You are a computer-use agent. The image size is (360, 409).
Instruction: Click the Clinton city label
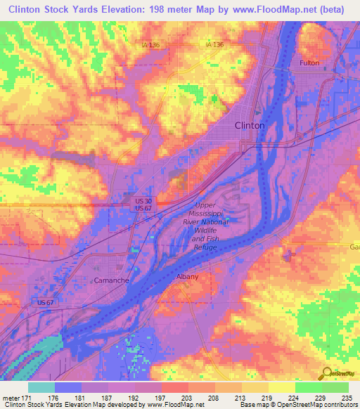coord(250,125)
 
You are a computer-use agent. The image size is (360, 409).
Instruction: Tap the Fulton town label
coord(309,63)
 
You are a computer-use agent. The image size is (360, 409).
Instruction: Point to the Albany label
coord(187,277)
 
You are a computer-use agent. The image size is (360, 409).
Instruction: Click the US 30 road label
coord(143,201)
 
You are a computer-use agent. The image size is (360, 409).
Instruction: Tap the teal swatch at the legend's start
coord(41,387)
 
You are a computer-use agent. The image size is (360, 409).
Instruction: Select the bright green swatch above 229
coord(308,387)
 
